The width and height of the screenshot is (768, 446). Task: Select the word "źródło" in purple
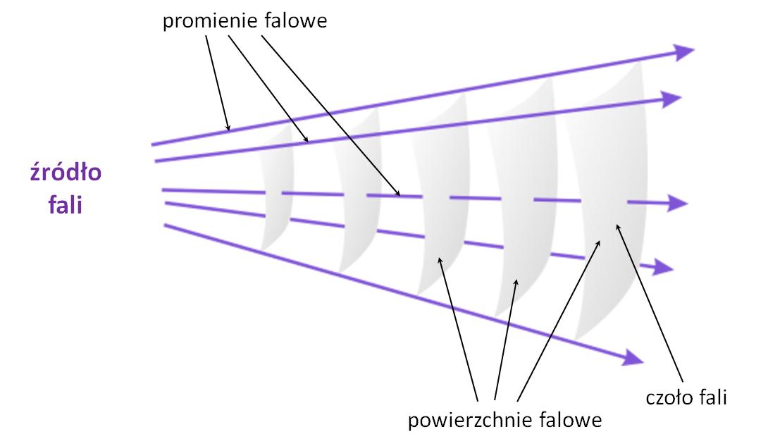pos(66,173)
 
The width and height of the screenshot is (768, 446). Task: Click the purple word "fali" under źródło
pos(65,204)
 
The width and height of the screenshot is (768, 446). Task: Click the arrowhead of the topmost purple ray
pos(683,51)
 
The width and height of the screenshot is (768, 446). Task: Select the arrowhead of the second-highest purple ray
pos(670,99)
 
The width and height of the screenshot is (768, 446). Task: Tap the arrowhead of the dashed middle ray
pos(676,203)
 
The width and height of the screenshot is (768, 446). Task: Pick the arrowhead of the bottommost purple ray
pos(632,357)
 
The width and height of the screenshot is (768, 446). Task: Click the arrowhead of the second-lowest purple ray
pos(663,268)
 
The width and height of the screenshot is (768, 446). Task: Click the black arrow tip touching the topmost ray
pos(228,129)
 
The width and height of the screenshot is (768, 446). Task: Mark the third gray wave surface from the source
pos(441,196)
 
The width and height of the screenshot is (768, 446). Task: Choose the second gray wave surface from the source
pos(357,191)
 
